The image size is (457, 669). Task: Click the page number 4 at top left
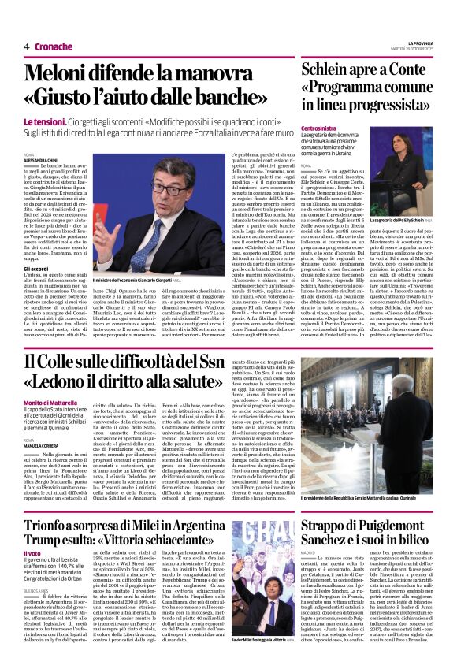point(26,46)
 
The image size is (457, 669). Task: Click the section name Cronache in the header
point(54,46)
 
